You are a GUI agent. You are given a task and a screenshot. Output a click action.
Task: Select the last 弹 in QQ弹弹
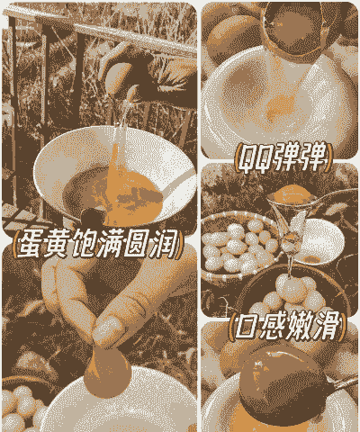[x=314, y=157]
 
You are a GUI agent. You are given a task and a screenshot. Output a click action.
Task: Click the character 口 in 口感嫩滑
[x=246, y=327]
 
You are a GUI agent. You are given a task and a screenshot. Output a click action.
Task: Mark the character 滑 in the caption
[x=326, y=326]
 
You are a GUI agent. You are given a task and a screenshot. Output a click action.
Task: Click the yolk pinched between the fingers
[x=107, y=371]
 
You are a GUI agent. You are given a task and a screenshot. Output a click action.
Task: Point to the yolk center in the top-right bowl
[x=281, y=107]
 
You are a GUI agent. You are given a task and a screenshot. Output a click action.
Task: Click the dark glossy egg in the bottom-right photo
[x=285, y=381]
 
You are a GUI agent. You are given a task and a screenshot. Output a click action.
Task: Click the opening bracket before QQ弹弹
[x=237, y=157]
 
